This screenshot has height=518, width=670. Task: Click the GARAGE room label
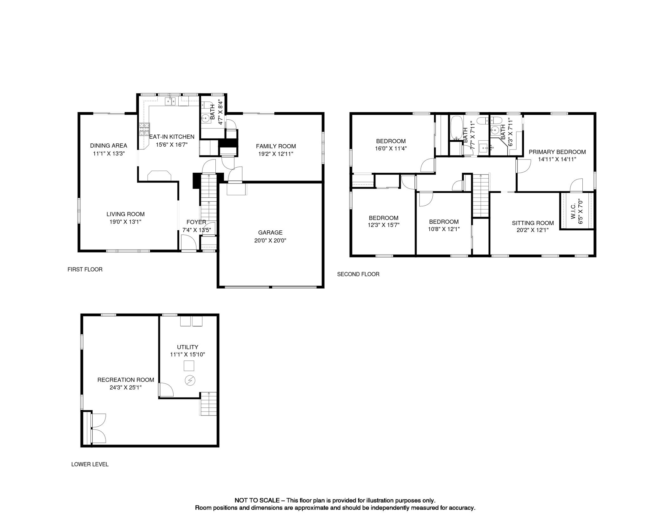[270, 232]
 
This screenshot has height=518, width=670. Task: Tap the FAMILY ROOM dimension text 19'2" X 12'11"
[276, 154]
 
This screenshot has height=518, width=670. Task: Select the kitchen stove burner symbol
[144, 129]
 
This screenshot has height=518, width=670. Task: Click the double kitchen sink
[170, 101]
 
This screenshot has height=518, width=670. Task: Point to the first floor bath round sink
[205, 118]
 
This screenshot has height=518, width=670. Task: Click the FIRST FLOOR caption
[85, 269]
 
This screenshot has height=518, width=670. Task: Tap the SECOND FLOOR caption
[358, 274]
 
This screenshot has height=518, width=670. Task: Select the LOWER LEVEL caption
[90, 464]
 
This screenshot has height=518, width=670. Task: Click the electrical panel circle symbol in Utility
[190, 380]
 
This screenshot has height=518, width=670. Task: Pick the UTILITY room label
[187, 347]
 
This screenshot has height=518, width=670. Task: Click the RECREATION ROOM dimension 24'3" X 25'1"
[125, 387]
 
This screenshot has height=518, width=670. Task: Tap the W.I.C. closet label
[573, 211]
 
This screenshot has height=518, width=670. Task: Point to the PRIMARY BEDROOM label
[557, 152]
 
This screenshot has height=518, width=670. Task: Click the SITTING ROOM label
[532, 223]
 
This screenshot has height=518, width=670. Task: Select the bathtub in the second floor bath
[457, 128]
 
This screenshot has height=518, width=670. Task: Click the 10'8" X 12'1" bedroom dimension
[444, 229]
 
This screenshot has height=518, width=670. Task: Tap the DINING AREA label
[109, 146]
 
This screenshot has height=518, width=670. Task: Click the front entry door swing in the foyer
[188, 242]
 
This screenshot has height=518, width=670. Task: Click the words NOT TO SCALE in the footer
[257, 500]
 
